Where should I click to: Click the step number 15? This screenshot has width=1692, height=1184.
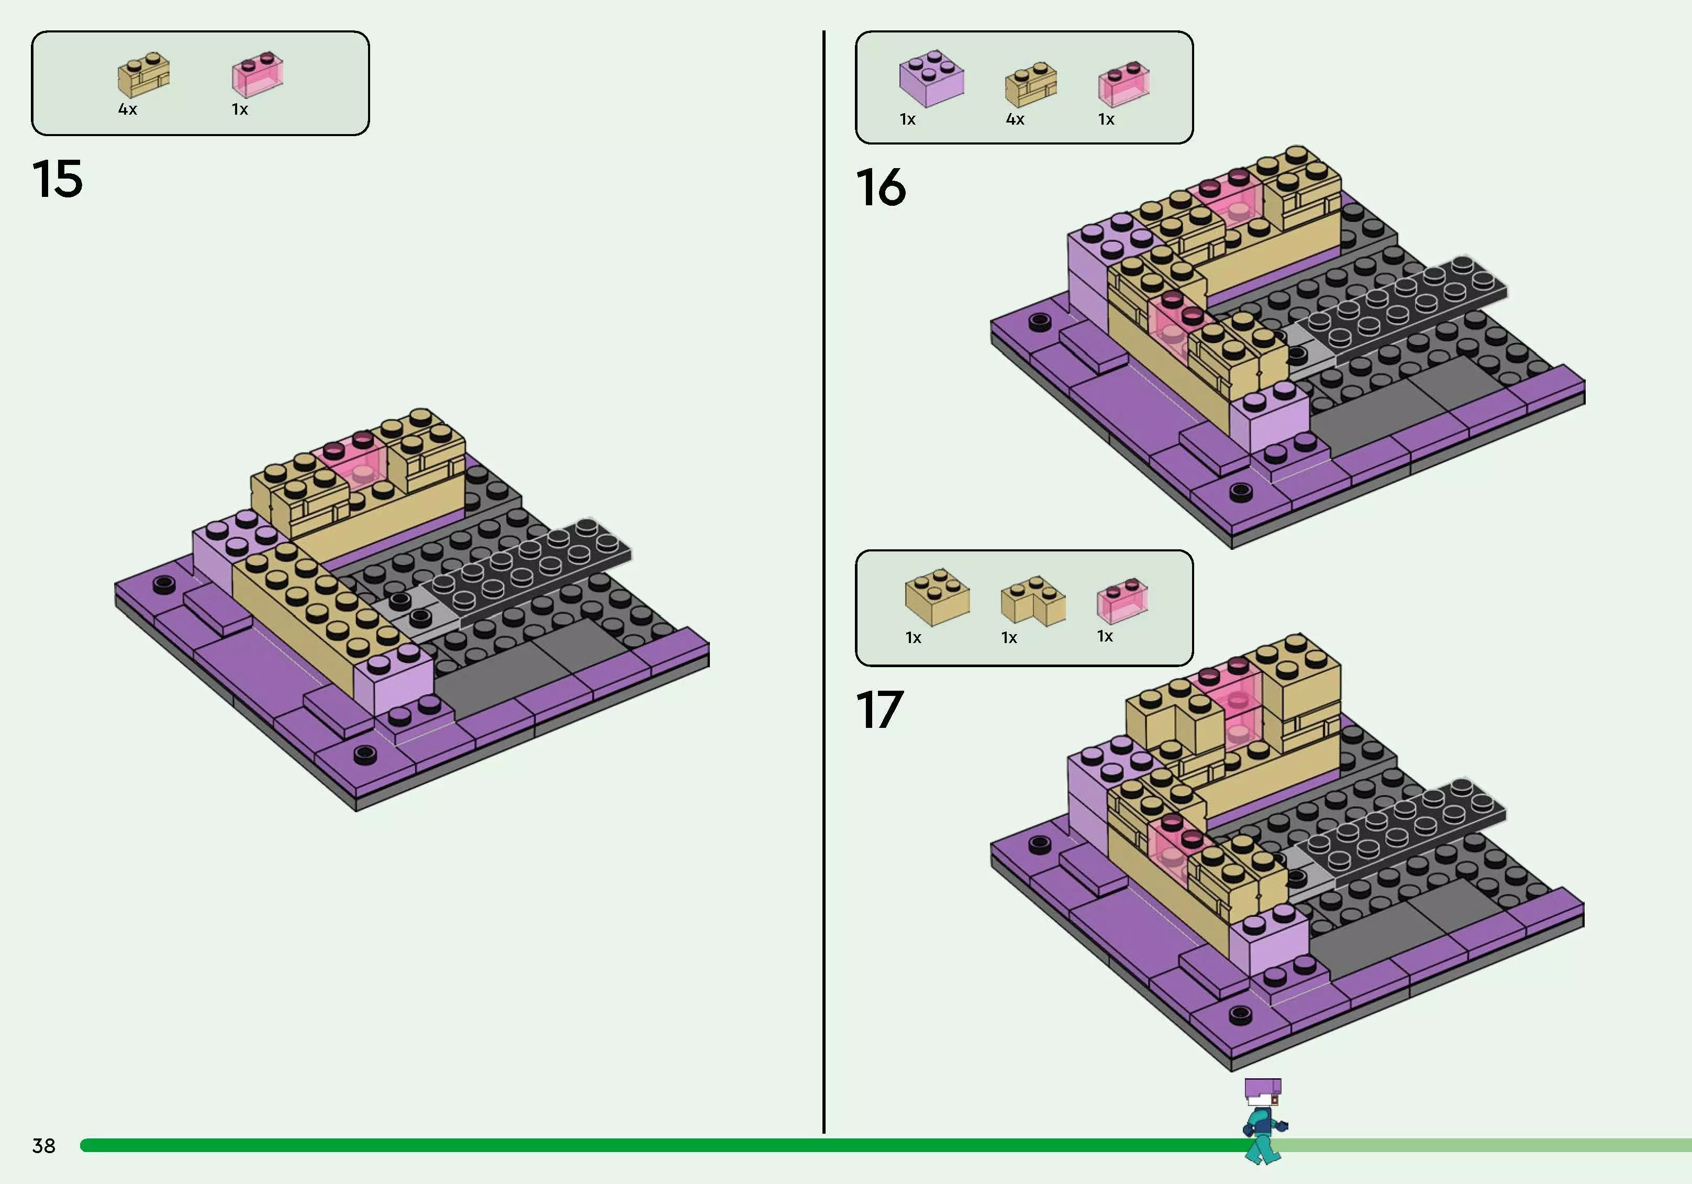click(x=58, y=179)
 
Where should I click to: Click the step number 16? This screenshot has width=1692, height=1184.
click(x=881, y=187)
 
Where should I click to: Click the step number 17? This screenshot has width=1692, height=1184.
click(x=879, y=710)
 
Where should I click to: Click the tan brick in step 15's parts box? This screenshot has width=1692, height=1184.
click(x=143, y=74)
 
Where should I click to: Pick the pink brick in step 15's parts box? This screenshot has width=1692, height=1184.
click(x=257, y=74)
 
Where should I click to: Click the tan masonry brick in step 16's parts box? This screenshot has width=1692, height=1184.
click(x=1030, y=84)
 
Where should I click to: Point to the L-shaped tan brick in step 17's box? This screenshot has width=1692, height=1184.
click(x=1032, y=600)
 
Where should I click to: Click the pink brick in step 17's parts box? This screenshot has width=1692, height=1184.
click(x=1121, y=600)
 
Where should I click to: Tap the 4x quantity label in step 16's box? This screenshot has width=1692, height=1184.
click(x=1015, y=119)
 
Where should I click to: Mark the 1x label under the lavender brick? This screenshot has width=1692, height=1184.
click(x=907, y=119)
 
